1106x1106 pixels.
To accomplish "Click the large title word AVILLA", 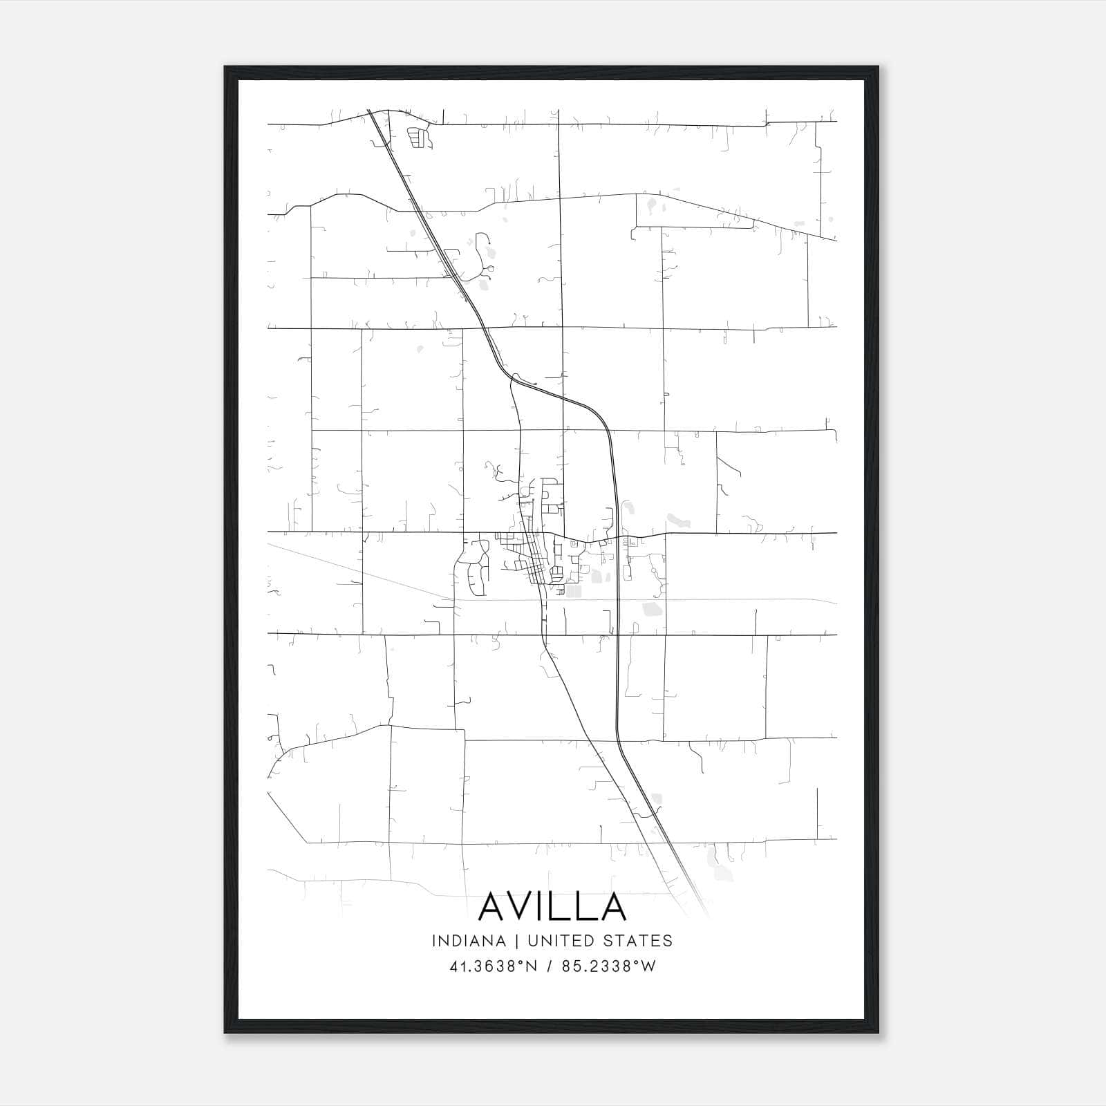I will [x=552, y=906].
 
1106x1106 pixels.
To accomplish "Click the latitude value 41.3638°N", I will [x=493, y=966].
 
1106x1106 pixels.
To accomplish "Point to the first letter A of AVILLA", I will [x=493, y=906].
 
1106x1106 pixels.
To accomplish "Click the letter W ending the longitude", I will [x=648, y=966].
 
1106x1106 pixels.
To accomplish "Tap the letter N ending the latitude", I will [x=532, y=966].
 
